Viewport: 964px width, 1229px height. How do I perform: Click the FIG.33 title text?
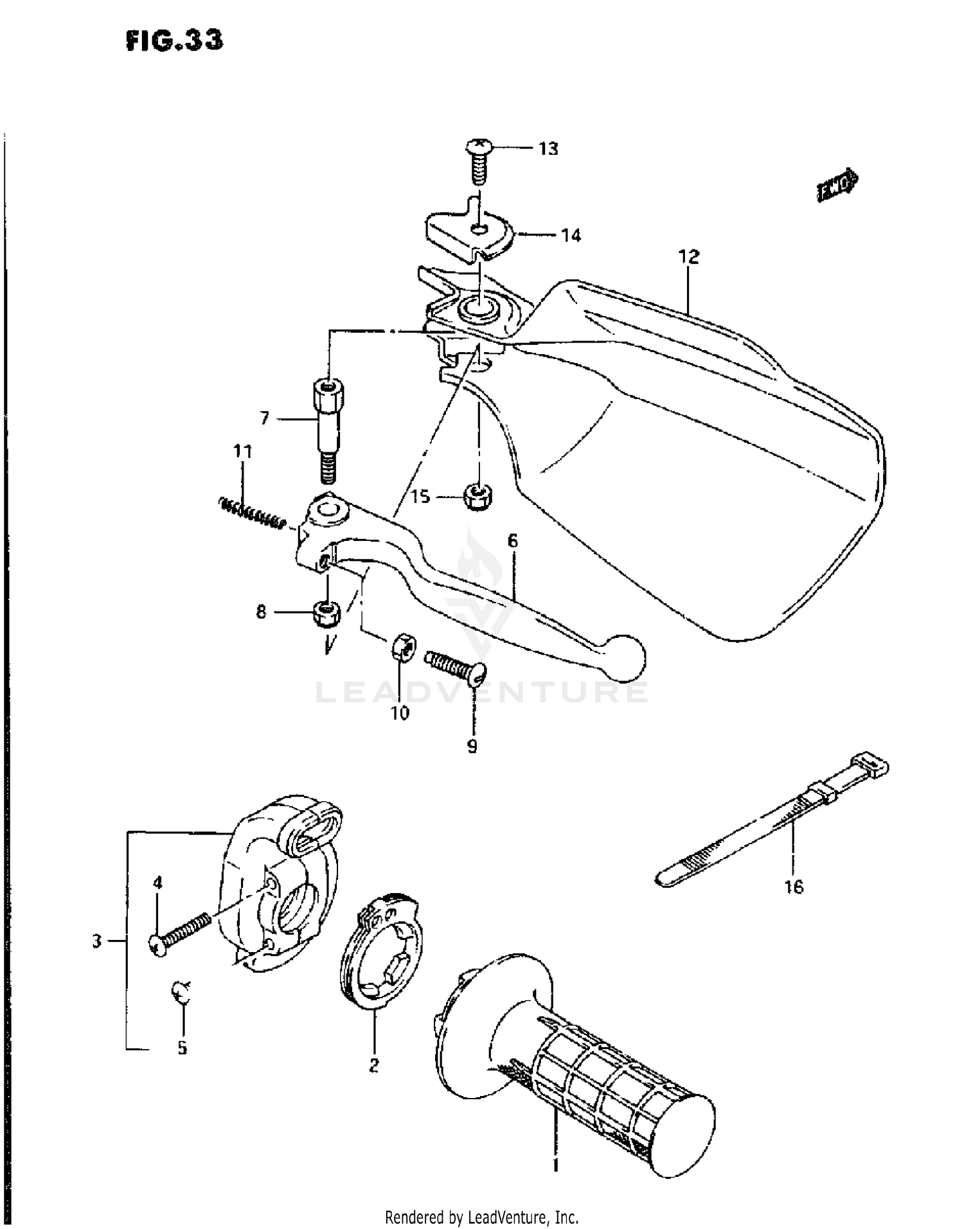[174, 40]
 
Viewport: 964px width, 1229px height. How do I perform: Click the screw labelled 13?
[477, 161]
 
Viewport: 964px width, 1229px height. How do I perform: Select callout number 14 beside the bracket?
[571, 236]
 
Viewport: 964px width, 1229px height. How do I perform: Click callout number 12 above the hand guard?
[688, 257]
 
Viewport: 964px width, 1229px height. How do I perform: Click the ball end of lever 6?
[624, 657]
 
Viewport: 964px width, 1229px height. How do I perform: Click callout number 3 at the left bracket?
[96, 942]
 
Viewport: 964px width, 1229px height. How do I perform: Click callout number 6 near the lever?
[512, 541]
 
